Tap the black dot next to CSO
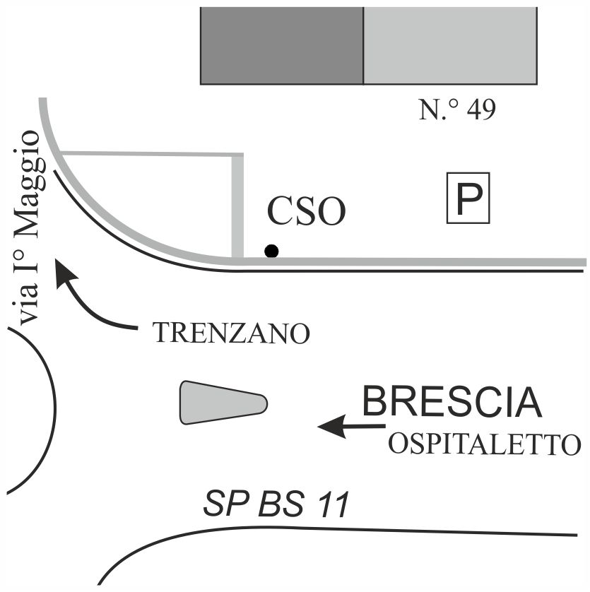271,250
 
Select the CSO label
306,211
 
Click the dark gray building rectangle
281,46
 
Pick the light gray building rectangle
449,46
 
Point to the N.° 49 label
457,111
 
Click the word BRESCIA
452,403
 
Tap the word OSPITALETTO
484,445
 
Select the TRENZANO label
232,333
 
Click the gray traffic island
222,403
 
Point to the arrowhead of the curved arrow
66,273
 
